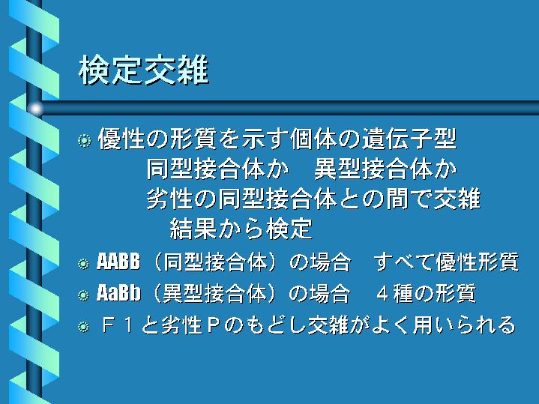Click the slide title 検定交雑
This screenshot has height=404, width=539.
(x=144, y=70)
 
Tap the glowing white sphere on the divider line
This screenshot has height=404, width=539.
(x=35, y=109)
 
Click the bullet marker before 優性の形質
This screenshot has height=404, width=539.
(x=84, y=140)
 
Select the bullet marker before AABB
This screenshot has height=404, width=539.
(x=83, y=264)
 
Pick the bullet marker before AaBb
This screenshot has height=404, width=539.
(x=83, y=295)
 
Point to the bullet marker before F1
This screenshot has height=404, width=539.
(x=83, y=326)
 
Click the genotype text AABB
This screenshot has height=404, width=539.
(x=118, y=262)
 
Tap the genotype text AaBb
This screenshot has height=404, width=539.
(x=118, y=293)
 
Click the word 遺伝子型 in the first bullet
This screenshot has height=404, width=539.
(x=409, y=139)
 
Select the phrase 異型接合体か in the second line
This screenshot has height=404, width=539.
(x=385, y=169)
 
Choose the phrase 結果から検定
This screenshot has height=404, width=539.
(x=241, y=229)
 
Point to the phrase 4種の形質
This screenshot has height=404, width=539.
(x=427, y=293)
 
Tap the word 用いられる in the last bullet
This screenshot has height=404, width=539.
(x=464, y=325)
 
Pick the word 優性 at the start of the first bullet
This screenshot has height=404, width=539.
(x=121, y=139)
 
